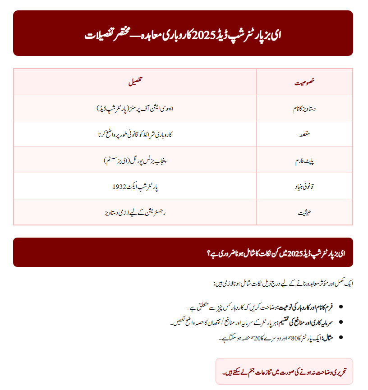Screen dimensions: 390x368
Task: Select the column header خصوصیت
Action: (304, 82)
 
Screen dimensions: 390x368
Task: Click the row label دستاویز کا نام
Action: (304, 108)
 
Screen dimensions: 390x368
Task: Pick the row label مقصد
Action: (304, 134)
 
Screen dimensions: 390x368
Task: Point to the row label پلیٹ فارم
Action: (304, 160)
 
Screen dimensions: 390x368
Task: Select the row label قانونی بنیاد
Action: (304, 186)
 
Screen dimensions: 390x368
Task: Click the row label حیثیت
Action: (304, 212)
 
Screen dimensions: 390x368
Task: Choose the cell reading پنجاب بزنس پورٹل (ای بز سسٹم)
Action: (135, 160)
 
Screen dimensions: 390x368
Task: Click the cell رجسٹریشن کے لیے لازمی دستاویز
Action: (135, 212)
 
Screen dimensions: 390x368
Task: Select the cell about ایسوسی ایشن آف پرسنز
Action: (135, 108)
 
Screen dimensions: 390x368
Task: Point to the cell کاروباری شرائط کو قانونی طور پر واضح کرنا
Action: (135, 134)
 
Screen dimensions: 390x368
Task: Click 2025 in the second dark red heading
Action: (295, 253)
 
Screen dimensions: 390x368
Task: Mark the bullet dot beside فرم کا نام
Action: (340, 307)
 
